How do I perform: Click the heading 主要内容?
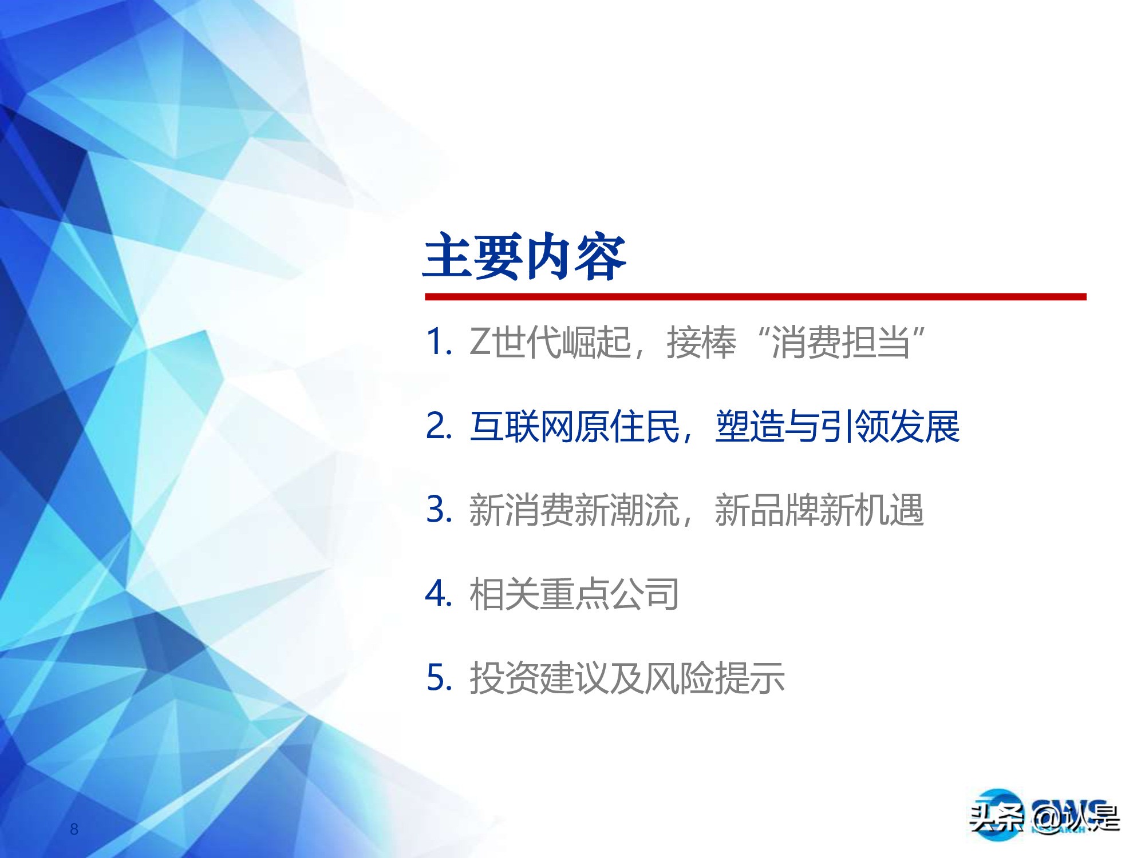click(524, 257)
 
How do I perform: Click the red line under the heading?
click(755, 297)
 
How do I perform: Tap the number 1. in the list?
click(439, 342)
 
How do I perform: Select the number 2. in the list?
click(439, 426)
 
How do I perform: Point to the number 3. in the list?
click(439, 509)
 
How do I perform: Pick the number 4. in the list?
click(439, 594)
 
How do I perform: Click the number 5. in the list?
click(439, 678)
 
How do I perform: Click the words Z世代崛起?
click(550, 343)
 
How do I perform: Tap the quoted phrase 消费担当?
click(840, 343)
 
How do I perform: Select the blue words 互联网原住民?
click(574, 427)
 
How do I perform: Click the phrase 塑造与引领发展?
click(837, 427)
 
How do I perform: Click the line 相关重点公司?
click(574, 594)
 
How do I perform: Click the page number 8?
click(74, 829)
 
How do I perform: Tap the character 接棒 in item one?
click(701, 343)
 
